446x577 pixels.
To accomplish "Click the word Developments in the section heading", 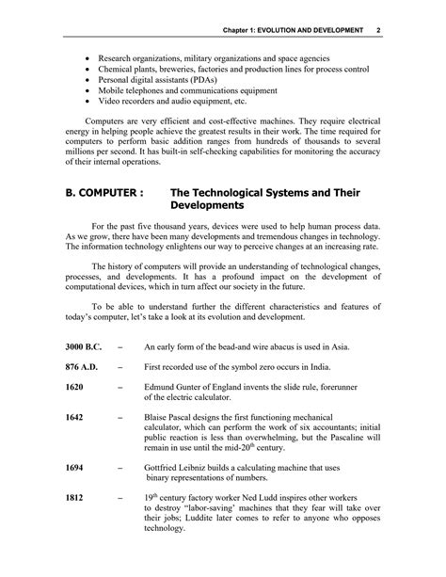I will [208, 205].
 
